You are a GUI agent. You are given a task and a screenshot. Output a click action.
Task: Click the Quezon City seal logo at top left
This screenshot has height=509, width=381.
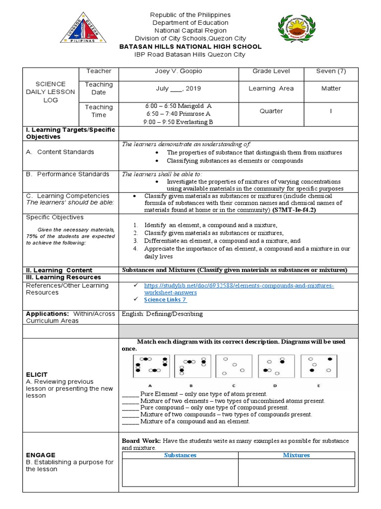click(x=83, y=33)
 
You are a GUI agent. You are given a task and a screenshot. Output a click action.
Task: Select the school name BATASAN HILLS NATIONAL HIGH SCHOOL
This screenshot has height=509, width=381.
click(x=191, y=47)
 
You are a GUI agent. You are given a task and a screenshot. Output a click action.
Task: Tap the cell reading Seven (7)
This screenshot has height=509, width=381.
click(x=331, y=72)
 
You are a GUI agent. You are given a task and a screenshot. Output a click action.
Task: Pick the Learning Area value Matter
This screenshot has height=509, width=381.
click(x=331, y=88)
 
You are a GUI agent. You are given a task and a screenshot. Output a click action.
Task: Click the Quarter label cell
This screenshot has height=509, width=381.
click(x=271, y=111)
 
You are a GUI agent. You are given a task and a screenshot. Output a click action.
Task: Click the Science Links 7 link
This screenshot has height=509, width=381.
click(x=165, y=300)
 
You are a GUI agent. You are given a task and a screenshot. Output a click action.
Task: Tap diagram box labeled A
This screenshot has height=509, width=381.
click(x=151, y=367)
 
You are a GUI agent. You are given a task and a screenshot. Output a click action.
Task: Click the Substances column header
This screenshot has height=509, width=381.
click(x=180, y=455)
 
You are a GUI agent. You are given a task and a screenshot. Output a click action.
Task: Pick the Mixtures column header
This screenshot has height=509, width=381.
click(x=296, y=455)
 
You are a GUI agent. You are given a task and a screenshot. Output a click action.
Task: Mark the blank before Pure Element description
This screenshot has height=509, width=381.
click(x=130, y=394)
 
